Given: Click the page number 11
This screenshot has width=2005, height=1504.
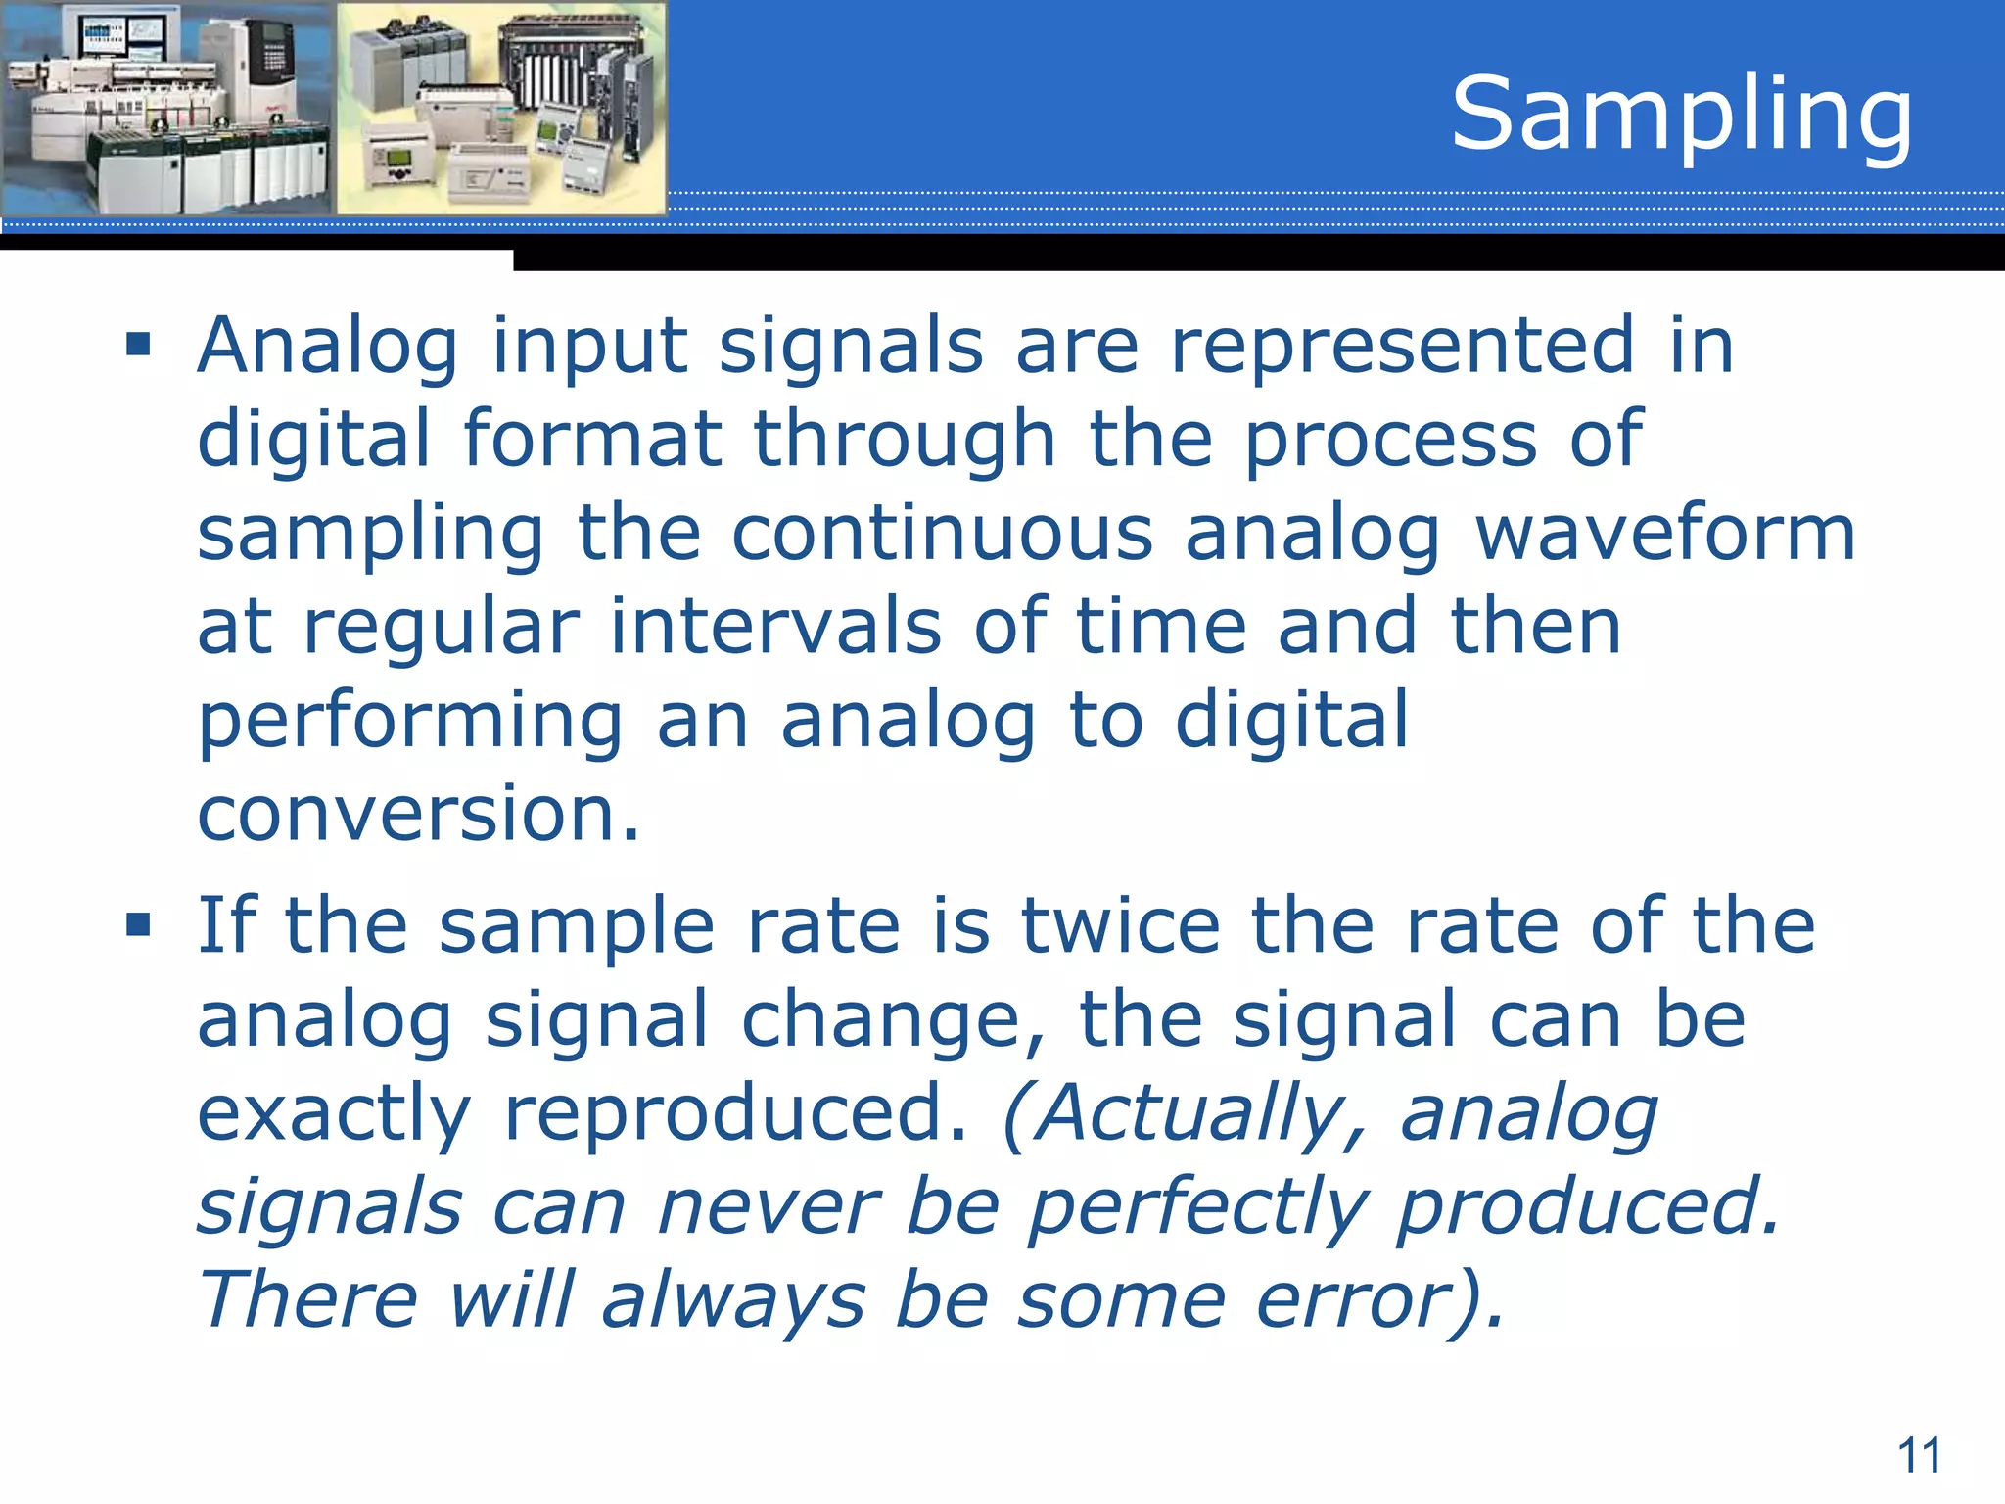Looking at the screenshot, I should click(1919, 1456).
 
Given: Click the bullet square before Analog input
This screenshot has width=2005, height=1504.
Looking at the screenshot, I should click(138, 345).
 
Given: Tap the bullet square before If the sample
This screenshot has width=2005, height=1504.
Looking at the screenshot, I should click(138, 924).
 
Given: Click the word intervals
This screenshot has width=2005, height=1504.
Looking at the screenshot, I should click(775, 627).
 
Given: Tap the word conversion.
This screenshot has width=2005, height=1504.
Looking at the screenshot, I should click(418, 815).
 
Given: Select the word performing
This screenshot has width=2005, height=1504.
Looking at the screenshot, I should click(409, 723).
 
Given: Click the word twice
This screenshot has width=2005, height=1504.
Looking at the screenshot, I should click(1120, 925).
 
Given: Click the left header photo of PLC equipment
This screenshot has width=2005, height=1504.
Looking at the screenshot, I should click(166, 108).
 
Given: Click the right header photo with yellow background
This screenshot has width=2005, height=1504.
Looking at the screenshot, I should click(501, 108).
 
